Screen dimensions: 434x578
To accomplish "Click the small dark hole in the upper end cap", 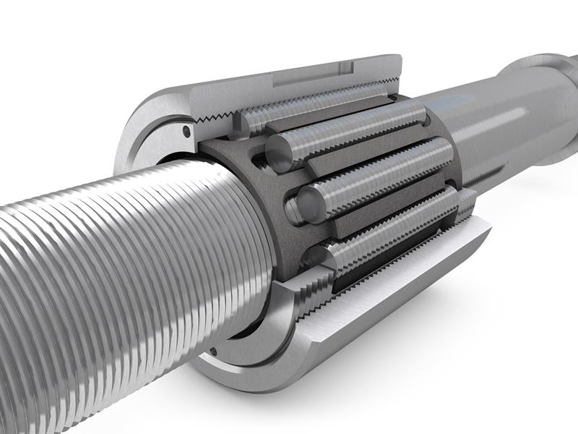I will (186, 132).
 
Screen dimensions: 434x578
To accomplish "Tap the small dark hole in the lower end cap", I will (215, 353).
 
